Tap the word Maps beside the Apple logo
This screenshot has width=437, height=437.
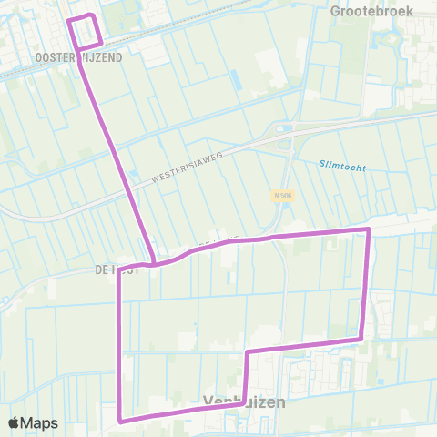(x=41, y=422)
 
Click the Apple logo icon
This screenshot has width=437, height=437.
(x=15, y=422)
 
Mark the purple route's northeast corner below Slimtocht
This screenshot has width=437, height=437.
(x=368, y=229)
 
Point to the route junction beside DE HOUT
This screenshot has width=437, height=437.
(x=154, y=264)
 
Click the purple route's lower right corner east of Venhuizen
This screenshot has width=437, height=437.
(x=361, y=340)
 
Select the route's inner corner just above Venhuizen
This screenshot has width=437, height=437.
(x=248, y=351)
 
